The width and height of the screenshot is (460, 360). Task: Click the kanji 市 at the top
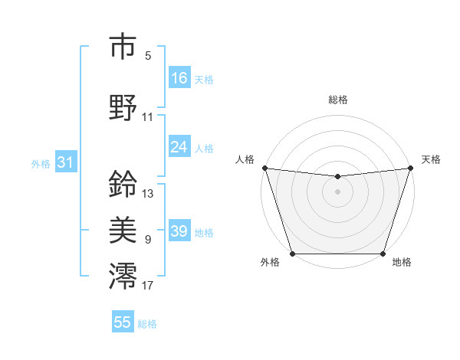point(123,47)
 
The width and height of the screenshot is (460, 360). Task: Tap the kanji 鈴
point(123,185)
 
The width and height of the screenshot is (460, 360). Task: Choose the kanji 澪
point(123,276)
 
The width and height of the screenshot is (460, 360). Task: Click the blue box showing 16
point(179,77)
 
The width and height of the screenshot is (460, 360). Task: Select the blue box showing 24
point(179,147)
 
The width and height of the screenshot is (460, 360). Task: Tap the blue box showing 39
point(179,231)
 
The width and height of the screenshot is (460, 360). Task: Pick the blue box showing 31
point(65,162)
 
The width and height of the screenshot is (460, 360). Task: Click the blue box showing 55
point(123,322)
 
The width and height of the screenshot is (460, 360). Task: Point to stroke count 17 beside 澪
point(148,286)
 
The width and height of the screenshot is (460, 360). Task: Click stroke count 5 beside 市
point(148,55)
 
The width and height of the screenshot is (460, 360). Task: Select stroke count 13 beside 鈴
point(148,194)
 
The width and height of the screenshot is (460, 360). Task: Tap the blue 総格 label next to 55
point(147,324)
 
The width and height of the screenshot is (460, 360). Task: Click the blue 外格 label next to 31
point(40,163)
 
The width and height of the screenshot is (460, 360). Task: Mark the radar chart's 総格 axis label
point(337,100)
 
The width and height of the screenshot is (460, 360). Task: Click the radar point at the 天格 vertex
point(410,168)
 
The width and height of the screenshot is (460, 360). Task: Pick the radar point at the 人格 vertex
point(264,168)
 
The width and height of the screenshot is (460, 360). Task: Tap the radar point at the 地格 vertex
point(383,254)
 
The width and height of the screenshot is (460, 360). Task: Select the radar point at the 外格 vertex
point(292,254)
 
